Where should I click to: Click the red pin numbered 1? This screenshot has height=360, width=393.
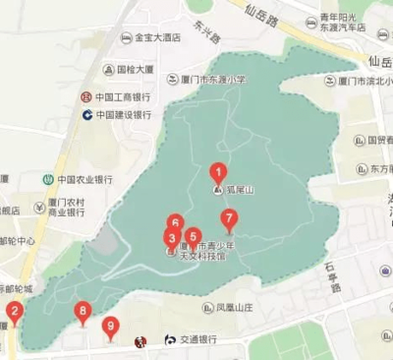pos(218,172)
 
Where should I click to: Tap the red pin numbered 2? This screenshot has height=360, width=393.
pos(14,317)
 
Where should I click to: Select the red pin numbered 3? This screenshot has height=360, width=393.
pos(172,238)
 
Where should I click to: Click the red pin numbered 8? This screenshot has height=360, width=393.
pos(83,313)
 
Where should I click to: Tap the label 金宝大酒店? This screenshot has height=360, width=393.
pos(156,38)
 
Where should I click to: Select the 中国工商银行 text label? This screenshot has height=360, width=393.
pos(123,98)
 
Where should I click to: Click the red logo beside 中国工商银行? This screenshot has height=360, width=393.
pos(86,98)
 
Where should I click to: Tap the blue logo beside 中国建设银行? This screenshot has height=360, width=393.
pos(86,115)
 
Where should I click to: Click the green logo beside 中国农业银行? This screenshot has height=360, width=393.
pos(46,180)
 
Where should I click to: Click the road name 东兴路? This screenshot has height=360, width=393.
pos(208,34)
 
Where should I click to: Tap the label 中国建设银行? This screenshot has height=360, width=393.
pos(123,115)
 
